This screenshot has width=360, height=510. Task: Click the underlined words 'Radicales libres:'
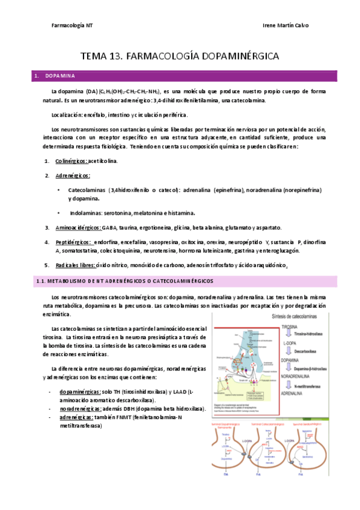76,265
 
